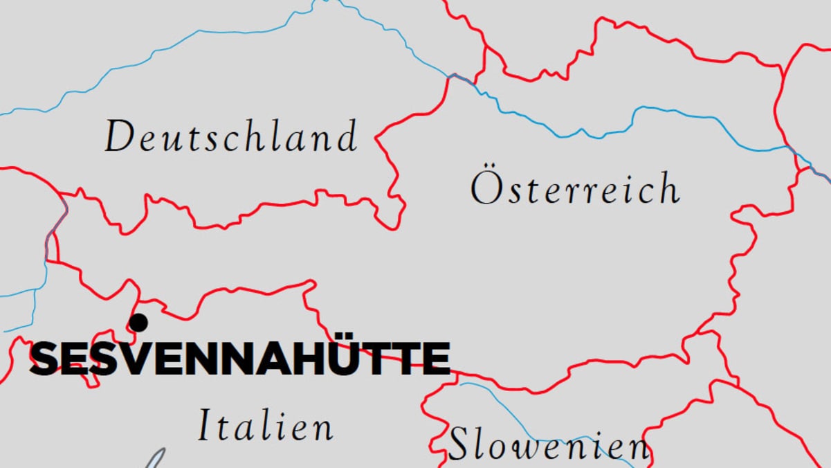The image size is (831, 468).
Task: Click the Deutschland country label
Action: point(231,136)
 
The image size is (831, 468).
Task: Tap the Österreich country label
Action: point(574,188)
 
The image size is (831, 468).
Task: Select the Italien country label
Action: point(266,425)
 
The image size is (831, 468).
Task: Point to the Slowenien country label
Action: point(549,444)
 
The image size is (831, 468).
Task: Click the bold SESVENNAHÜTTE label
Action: point(239,359)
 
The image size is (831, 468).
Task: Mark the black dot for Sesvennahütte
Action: point(138,323)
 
